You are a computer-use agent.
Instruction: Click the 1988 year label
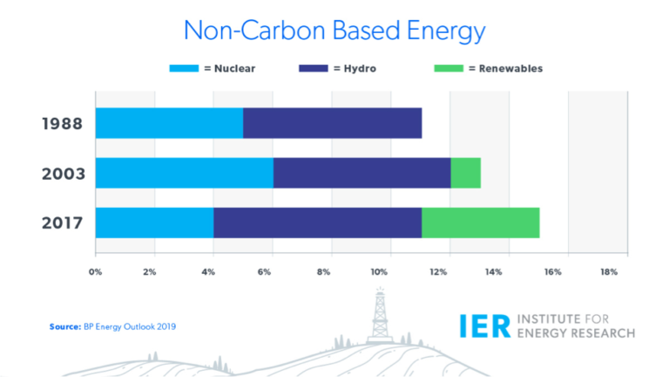[x=62, y=123]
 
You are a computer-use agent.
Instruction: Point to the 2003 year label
[x=62, y=173]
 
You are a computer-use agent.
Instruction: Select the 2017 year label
[x=62, y=223]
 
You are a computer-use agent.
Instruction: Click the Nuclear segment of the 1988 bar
[x=169, y=123]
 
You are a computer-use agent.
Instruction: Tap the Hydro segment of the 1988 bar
[x=332, y=123]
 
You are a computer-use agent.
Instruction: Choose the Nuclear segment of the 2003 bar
[x=184, y=173]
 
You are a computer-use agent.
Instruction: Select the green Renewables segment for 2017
[x=480, y=223]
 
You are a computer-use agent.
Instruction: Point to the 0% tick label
[x=96, y=272]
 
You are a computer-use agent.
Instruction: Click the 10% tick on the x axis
[x=380, y=272]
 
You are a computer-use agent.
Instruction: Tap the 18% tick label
[x=608, y=272]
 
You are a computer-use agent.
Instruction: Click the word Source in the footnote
[x=64, y=326]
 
